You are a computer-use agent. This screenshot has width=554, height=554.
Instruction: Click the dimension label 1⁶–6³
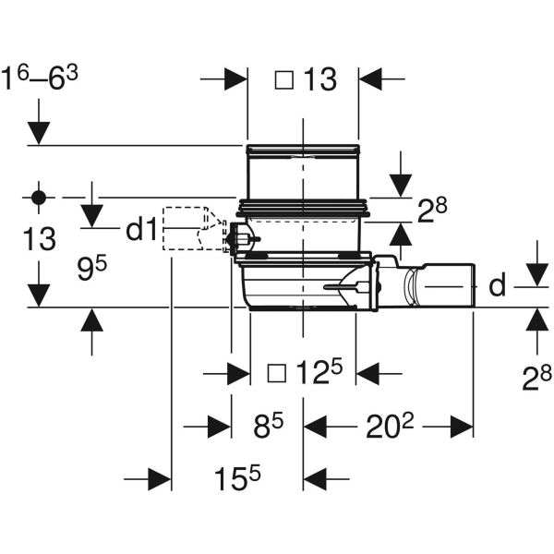coord(42,78)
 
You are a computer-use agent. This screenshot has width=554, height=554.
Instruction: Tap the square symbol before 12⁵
coord(275,373)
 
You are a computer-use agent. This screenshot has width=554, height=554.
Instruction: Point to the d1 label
coord(141,229)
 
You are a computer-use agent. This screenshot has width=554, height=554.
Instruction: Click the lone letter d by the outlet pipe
coord(498,286)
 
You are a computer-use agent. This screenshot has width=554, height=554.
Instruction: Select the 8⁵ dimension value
coord(268,426)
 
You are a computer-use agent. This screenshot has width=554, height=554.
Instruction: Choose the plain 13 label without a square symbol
coord(38,241)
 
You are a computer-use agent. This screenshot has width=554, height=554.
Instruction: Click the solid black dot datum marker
coord(38,197)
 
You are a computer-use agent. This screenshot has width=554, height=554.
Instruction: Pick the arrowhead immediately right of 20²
coord(463,426)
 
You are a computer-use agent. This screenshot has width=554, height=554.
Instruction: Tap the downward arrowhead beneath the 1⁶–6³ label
coord(38,134)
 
